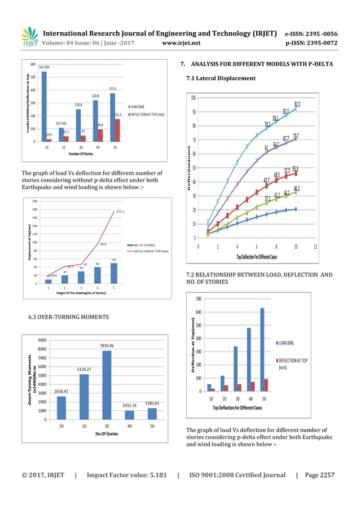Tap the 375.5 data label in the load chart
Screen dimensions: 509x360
coord(112,89)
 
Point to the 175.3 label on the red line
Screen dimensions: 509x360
coord(120,212)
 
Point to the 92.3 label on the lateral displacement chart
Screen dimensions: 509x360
coord(297,104)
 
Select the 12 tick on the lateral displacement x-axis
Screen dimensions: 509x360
coord(315,247)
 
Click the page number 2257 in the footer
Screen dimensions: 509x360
coord(325,475)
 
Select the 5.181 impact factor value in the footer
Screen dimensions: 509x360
coord(155,475)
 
